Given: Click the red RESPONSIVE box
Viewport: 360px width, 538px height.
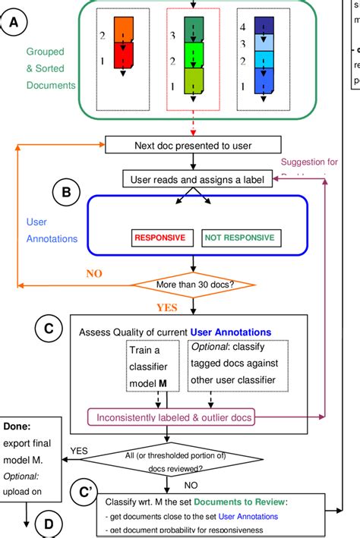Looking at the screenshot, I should [159, 238].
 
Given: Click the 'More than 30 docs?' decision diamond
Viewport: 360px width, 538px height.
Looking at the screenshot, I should [194, 286].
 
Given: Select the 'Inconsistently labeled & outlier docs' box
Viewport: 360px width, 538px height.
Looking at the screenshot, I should [172, 417].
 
